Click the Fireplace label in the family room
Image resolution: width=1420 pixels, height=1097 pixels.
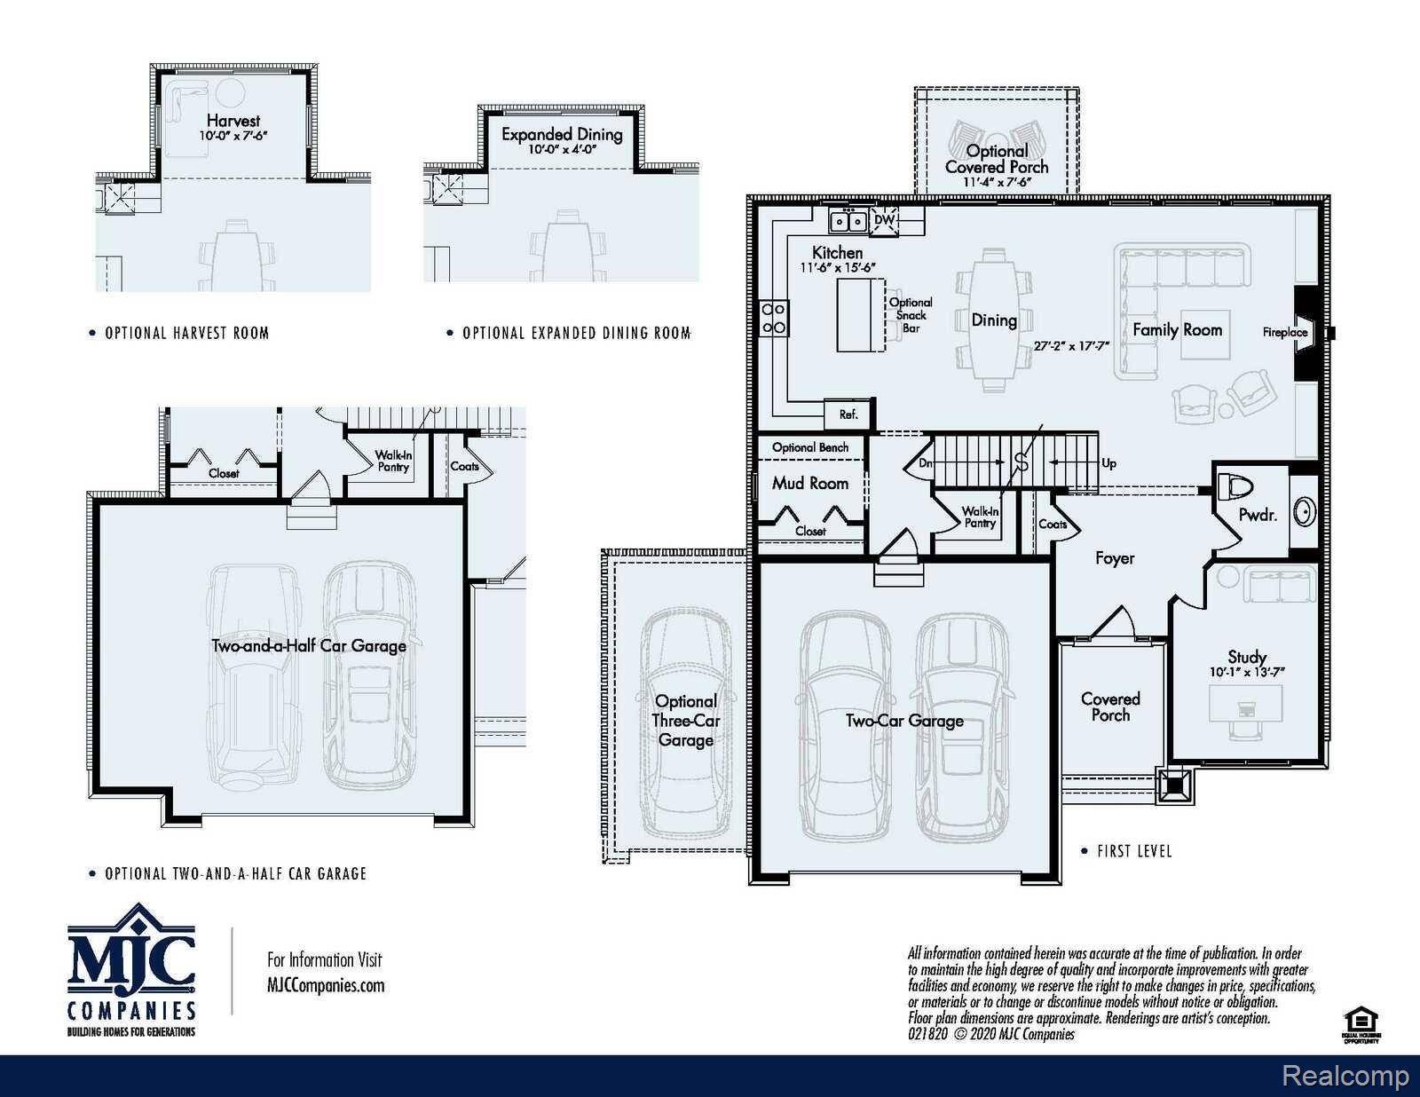tap(1284, 332)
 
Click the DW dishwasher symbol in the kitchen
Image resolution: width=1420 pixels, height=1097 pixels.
tap(885, 220)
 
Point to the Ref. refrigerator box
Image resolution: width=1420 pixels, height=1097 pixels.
tap(848, 414)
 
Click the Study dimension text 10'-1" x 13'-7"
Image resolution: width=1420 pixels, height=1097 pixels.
tap(1246, 672)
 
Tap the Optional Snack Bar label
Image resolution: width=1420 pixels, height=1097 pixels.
tap(911, 315)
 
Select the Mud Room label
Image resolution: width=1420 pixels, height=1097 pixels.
tap(809, 483)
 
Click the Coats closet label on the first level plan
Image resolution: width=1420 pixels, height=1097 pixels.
tap(1053, 524)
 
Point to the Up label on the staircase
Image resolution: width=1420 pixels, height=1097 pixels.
tap(1108, 463)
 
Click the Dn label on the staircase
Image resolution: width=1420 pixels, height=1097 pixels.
tap(925, 463)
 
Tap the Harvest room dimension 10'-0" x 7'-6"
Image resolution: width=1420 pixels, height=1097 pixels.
tap(233, 137)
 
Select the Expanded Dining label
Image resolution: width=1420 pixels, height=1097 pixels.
tap(562, 134)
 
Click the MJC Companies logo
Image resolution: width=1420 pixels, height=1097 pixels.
tap(131, 969)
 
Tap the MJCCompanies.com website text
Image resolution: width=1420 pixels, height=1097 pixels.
tap(326, 985)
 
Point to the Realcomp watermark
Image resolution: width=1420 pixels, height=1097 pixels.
tap(1345, 1076)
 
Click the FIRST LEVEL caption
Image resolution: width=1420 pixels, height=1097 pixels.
tap(1133, 851)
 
